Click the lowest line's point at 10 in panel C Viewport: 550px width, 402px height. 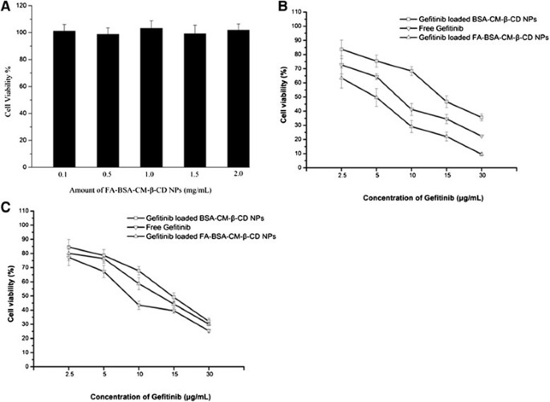pos(140,305)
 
